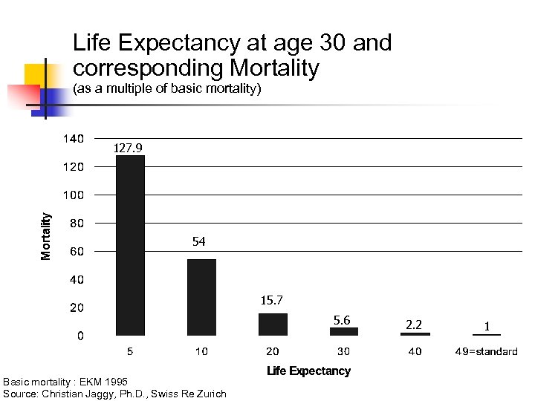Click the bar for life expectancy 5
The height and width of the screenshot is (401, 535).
[x=130, y=245]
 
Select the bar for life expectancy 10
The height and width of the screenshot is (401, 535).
[x=201, y=297]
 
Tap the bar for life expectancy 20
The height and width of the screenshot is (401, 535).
[x=273, y=325]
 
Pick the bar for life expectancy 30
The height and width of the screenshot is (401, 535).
[x=344, y=331]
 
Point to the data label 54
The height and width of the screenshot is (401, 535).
[x=198, y=242]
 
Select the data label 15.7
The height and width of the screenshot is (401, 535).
[x=271, y=301]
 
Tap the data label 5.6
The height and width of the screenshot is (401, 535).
[x=342, y=320]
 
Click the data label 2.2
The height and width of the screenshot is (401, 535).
[x=414, y=325]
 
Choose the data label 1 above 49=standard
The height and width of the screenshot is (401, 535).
[x=486, y=326]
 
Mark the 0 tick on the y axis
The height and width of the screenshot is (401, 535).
[x=80, y=336]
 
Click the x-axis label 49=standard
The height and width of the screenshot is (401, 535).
[x=486, y=351]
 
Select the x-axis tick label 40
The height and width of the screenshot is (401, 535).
[x=415, y=351]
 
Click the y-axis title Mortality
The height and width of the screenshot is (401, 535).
[x=46, y=236]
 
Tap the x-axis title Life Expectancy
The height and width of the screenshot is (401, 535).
[x=308, y=371]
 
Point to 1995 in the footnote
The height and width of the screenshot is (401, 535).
[x=105, y=382]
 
